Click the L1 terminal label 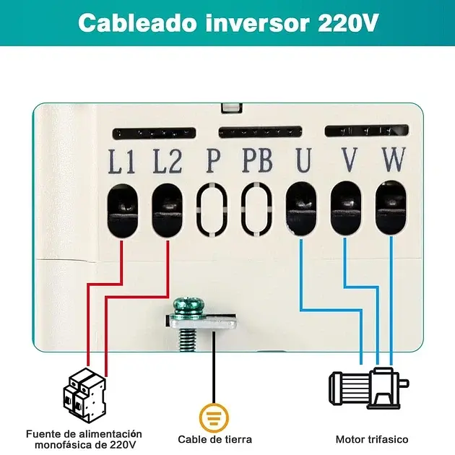121,161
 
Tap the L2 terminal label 168,161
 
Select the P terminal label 213,160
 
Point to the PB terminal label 258,160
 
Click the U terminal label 303,160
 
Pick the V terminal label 349,160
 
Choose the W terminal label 394,160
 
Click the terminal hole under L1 123,211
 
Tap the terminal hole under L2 167,210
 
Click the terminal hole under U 301,208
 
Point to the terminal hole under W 391,207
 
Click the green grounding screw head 190,305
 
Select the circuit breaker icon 84,396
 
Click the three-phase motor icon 369,388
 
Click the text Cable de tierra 214,439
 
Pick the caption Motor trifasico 372,439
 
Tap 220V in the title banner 348,23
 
